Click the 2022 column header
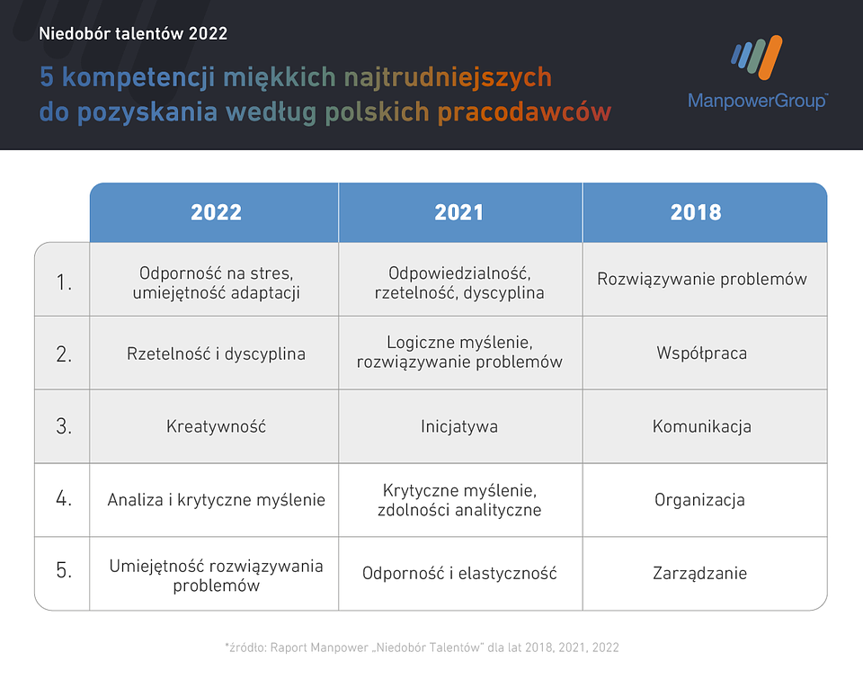pyautogui.click(x=216, y=212)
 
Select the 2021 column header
pyautogui.click(x=459, y=212)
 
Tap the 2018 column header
pyautogui.click(x=696, y=212)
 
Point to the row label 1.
pyautogui.click(x=64, y=282)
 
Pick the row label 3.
pyautogui.click(x=64, y=426)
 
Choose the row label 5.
pyautogui.click(x=64, y=573)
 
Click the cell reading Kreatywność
pyautogui.click(x=216, y=426)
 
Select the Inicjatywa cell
pyautogui.click(x=459, y=426)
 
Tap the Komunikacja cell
pyautogui.click(x=702, y=426)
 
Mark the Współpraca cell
pyautogui.click(x=702, y=353)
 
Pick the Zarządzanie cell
pyautogui.click(x=700, y=573)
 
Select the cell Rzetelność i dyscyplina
pyautogui.click(x=216, y=353)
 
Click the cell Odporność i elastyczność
pyautogui.click(x=459, y=573)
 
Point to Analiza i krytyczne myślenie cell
pyautogui.click(x=216, y=500)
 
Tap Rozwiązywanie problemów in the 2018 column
pyautogui.click(x=702, y=279)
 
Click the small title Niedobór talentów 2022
pyautogui.click(x=133, y=34)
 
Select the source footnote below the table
pyautogui.click(x=422, y=647)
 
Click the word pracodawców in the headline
pyautogui.click(x=524, y=113)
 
